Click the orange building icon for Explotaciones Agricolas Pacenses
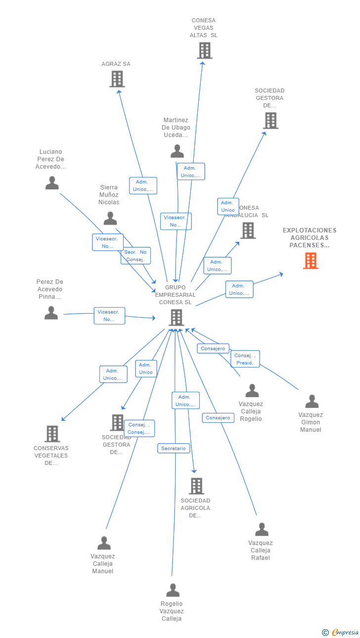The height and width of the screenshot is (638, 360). tap(311, 261)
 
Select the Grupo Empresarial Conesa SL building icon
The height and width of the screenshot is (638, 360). tap(176, 318)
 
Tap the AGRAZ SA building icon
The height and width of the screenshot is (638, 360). tap(117, 79)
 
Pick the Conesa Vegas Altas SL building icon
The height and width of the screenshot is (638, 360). tap(204, 50)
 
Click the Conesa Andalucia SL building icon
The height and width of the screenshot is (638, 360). tap(248, 230)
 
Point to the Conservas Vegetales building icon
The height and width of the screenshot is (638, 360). tap(52, 434)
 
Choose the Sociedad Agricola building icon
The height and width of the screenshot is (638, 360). tap(196, 486)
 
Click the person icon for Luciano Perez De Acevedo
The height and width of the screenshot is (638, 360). tap(52, 183)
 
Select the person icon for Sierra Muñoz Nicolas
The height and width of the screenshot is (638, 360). tap(110, 218)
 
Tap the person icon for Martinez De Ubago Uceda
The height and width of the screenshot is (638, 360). tap(177, 151)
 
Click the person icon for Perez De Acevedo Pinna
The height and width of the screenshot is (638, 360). tap(51, 313)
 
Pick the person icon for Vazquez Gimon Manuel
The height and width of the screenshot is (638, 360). tap(312, 401)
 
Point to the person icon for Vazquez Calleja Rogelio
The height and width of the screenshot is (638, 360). tap(252, 390)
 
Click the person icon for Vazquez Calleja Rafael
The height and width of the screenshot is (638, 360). tap(262, 529)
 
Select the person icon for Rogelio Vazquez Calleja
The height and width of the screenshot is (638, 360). tap(173, 590)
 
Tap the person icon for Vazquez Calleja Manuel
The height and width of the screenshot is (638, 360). tap(104, 543)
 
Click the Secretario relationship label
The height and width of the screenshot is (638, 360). tap(174, 449)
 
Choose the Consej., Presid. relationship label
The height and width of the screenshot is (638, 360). tap(245, 359)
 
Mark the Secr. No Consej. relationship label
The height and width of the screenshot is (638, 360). tap(135, 256)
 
